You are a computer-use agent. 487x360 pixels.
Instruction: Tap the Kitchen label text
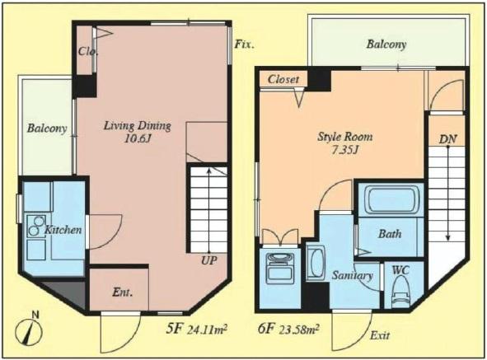(x=63, y=230)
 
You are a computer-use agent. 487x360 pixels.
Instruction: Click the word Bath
(x=390, y=234)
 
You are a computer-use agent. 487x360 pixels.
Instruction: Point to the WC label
(x=400, y=269)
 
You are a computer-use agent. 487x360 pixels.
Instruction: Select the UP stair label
(x=210, y=261)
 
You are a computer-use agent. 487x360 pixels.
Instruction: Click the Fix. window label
(x=243, y=44)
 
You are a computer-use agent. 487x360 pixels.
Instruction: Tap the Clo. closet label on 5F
(x=89, y=51)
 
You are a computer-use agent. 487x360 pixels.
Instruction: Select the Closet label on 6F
(x=283, y=80)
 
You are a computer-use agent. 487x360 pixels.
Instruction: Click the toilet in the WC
(x=402, y=292)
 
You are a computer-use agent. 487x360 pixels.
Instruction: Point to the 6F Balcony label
(x=386, y=44)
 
